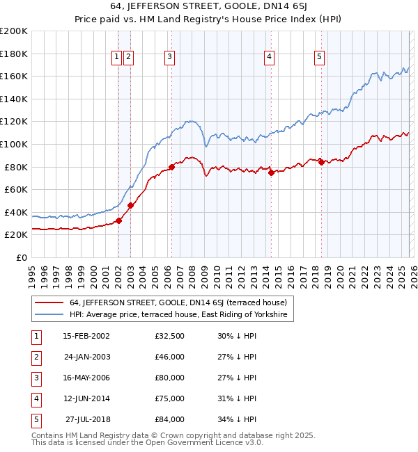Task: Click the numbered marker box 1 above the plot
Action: [x=117, y=58]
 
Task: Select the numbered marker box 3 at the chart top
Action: [x=170, y=58]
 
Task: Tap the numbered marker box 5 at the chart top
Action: [x=320, y=58]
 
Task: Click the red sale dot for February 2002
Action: [x=118, y=220]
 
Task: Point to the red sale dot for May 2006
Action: [x=171, y=167]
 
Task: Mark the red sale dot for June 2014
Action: [x=271, y=173]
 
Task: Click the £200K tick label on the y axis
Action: [x=14, y=31]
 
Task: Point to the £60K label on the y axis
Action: [x=16, y=189]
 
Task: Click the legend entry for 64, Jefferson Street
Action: [x=173, y=302]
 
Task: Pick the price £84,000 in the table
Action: [x=170, y=419]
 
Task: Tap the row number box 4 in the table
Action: [x=35, y=398]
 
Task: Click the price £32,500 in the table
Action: [x=170, y=336]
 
